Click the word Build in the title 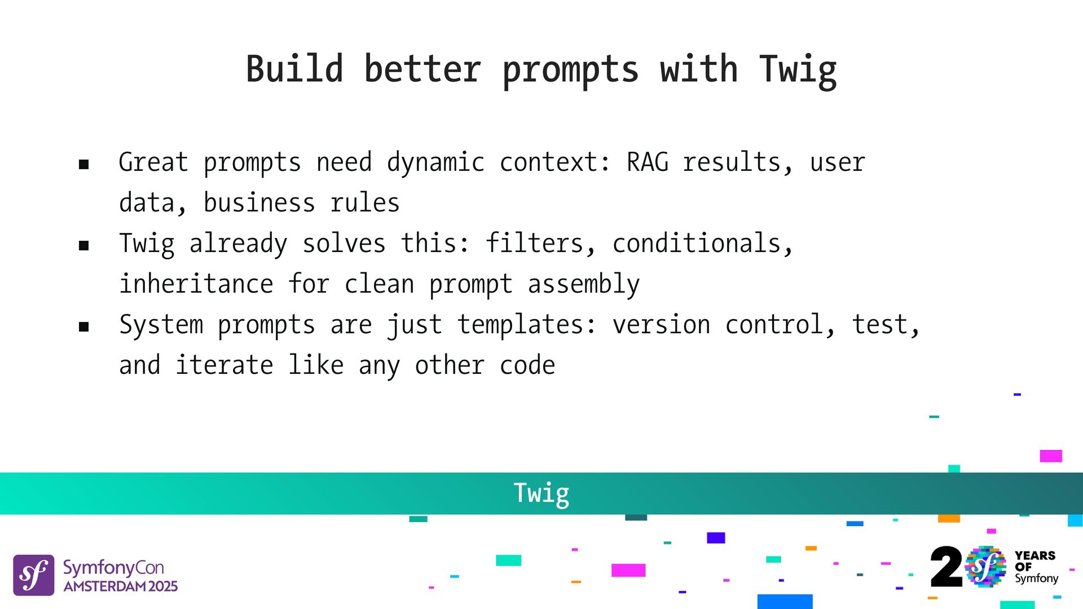(294, 69)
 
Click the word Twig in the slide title (798, 71)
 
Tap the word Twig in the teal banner (541, 494)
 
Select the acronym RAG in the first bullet (648, 162)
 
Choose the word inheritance (196, 284)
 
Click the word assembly (584, 285)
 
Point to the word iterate (224, 365)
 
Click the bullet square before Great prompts (84, 165)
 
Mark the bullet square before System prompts (84, 326)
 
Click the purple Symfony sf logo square (34, 575)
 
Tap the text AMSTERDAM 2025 (121, 586)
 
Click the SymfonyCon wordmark (113, 567)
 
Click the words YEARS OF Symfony (1036, 567)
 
